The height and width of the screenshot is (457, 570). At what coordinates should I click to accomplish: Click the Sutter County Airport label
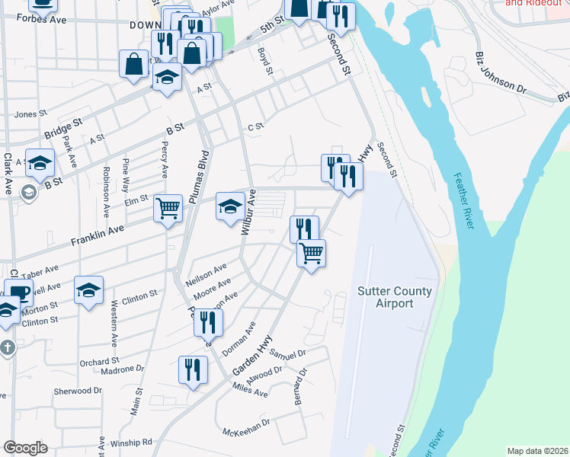click(395, 297)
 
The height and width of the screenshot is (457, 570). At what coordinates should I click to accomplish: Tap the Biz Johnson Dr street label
click(500, 73)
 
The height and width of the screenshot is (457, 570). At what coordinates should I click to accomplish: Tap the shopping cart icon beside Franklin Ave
click(168, 207)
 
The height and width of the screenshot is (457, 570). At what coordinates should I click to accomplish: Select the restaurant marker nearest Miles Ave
click(193, 370)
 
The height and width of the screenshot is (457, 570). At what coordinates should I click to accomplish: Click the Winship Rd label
click(132, 442)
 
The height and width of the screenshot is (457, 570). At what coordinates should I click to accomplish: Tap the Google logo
click(25, 448)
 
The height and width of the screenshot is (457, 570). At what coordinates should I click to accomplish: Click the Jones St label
click(30, 114)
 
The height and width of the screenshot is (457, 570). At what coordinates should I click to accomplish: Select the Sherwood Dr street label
click(77, 391)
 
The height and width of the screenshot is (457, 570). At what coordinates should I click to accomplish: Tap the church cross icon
click(7, 348)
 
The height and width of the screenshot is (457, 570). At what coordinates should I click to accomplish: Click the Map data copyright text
click(538, 451)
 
